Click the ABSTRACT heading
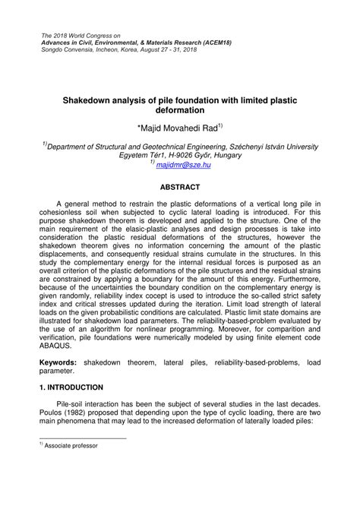[179, 185]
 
